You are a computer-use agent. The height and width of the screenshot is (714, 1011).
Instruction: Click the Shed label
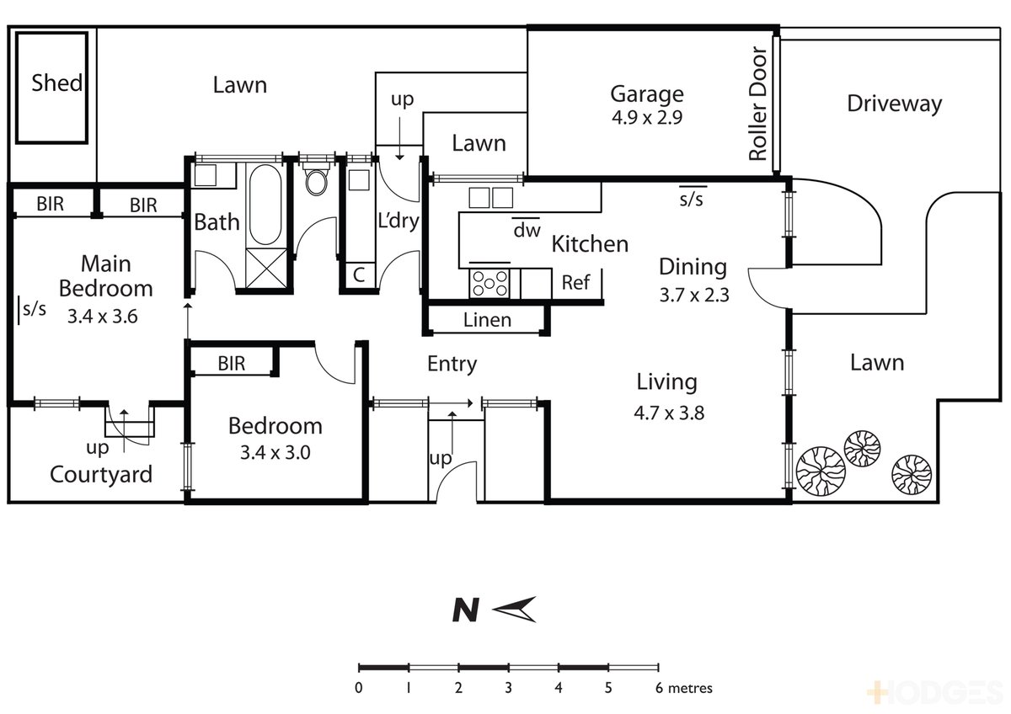point(57,83)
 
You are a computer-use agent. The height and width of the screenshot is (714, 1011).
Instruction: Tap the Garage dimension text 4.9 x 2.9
point(647,118)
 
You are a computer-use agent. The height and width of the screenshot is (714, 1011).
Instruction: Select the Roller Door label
point(757,104)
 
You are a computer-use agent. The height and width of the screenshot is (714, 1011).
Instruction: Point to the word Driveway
point(894,104)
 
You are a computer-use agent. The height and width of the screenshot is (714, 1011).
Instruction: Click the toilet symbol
point(316,180)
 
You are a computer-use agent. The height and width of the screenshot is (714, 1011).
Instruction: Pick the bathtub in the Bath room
point(265,205)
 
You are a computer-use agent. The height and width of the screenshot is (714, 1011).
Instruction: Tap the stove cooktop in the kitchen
point(489,284)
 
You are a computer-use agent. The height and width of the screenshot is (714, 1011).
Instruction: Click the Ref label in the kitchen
point(575,283)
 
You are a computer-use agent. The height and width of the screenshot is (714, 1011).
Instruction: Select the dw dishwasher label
point(527,231)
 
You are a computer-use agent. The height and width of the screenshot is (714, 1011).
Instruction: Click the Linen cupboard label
point(487,320)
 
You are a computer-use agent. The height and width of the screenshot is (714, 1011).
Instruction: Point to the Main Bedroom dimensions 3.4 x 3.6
point(103,317)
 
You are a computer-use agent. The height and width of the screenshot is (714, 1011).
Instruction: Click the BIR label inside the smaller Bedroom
point(232,364)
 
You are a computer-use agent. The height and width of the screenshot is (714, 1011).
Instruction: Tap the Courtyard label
point(101,476)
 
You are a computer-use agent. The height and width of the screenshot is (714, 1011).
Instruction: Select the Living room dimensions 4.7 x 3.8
point(669,413)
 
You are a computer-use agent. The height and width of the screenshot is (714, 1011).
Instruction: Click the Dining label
point(693,268)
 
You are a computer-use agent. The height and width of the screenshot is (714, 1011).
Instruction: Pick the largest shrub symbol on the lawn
point(821,471)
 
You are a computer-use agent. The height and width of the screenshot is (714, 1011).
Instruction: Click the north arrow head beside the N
point(514,610)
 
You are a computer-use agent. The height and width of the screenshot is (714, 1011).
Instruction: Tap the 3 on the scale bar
point(508,688)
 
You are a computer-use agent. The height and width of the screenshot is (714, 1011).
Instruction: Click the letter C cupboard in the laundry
point(359,274)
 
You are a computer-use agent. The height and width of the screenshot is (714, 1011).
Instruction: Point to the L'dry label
point(399,221)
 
